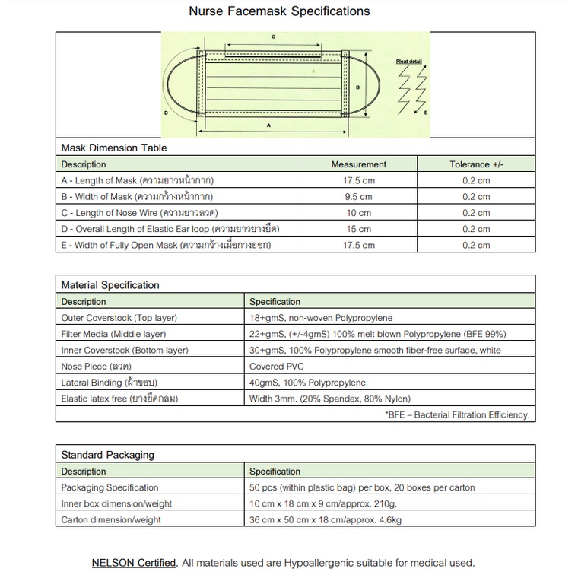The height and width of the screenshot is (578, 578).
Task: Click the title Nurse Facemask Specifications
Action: click(x=279, y=11)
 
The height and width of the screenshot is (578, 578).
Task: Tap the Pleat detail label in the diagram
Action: click(x=408, y=61)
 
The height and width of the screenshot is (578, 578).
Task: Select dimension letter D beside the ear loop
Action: click(x=166, y=112)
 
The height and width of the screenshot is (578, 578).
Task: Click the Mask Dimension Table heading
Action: click(x=114, y=148)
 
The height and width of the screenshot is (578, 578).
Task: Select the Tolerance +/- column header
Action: click(x=476, y=164)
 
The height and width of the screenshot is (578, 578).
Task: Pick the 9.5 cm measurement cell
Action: click(x=358, y=197)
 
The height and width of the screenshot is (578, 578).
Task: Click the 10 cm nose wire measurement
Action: click(x=358, y=213)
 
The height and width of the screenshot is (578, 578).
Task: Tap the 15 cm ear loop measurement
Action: click(x=358, y=229)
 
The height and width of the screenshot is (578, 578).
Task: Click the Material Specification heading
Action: click(x=110, y=285)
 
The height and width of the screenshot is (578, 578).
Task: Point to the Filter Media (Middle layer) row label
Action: click(x=113, y=334)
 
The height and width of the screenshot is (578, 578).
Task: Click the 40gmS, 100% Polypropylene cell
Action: click(x=307, y=382)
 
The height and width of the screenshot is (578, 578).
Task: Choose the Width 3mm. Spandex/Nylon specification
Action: click(x=329, y=399)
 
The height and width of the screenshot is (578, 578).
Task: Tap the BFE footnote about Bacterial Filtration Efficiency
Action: click(x=457, y=415)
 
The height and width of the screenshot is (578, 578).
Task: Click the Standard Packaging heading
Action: click(x=107, y=455)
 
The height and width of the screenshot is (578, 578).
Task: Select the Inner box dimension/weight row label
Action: click(x=116, y=503)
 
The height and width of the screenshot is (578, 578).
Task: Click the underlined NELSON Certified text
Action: click(x=134, y=563)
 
